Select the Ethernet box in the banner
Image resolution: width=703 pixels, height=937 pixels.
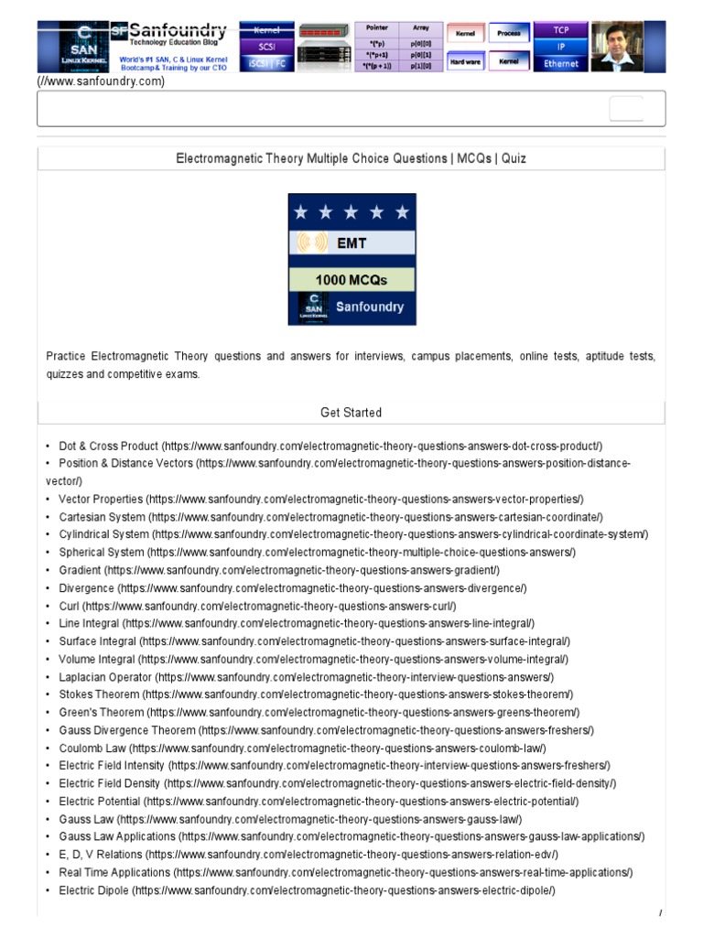[x=561, y=64]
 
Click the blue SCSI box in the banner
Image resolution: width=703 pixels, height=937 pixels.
[x=266, y=46]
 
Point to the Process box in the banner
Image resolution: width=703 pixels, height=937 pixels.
[x=509, y=33]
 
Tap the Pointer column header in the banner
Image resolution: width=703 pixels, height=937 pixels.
[x=376, y=28]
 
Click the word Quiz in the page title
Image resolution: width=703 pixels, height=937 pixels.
[x=513, y=158]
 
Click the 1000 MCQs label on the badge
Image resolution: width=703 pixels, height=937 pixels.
[x=352, y=280]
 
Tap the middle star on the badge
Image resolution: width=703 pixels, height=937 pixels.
[x=352, y=213]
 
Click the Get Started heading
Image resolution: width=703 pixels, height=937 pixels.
[x=351, y=413]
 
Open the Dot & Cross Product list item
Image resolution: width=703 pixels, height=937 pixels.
[x=109, y=446]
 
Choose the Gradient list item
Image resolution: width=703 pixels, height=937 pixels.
[x=80, y=570]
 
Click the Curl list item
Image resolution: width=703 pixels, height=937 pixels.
[x=70, y=606]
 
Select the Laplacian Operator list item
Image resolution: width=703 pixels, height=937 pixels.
[x=105, y=677]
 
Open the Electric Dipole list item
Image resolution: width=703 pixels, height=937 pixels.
[x=94, y=889]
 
